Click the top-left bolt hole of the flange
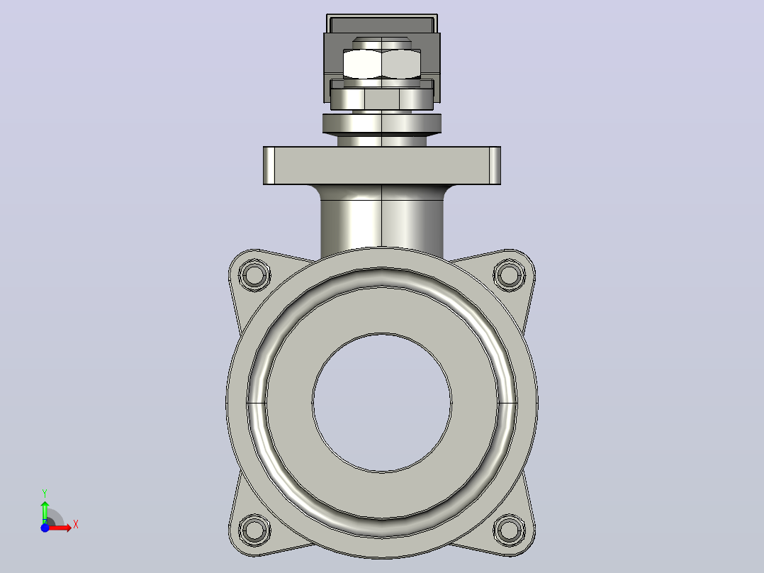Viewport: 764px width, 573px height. pos(254,275)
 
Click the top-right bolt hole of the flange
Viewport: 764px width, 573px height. pos(509,275)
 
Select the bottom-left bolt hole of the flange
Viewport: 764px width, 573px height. pos(254,530)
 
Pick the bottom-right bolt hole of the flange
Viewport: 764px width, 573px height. pos(509,530)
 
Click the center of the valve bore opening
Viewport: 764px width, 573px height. pos(382,403)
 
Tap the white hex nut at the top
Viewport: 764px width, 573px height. pos(382,64)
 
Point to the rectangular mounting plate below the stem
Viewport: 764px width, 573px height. pos(382,166)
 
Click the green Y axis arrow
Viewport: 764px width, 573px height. pos(45,512)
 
